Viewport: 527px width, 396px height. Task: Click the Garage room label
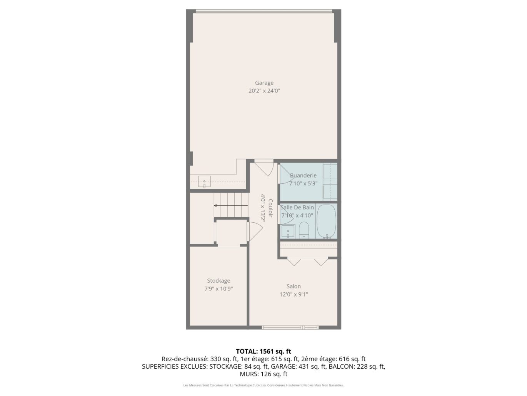click(x=264, y=83)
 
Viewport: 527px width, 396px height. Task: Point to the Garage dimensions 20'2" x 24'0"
click(x=264, y=91)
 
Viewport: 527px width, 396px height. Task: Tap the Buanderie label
click(x=303, y=176)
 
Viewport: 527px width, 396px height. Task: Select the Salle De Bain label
click(x=297, y=207)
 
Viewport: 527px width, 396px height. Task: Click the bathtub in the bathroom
click(x=326, y=221)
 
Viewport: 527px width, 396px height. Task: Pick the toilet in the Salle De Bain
click(x=304, y=230)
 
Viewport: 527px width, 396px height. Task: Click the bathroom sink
click(x=288, y=232)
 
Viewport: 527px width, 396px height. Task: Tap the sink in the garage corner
click(x=204, y=181)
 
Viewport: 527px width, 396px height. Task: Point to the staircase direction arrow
click(x=231, y=206)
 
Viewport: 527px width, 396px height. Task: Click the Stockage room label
click(x=218, y=280)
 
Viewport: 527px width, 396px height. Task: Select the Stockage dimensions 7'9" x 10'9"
click(x=218, y=289)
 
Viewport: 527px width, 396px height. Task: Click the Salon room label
click(x=294, y=286)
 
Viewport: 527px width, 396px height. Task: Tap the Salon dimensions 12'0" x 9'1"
click(x=294, y=294)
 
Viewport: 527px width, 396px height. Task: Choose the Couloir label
click(x=270, y=208)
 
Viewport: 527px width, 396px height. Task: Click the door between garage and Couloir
click(x=264, y=168)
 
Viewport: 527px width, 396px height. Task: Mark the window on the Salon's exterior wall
click(x=290, y=327)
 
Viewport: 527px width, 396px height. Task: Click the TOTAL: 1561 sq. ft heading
click(x=263, y=351)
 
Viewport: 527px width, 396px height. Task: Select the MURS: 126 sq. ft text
click(x=263, y=374)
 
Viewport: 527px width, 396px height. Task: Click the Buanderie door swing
click(x=284, y=174)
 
